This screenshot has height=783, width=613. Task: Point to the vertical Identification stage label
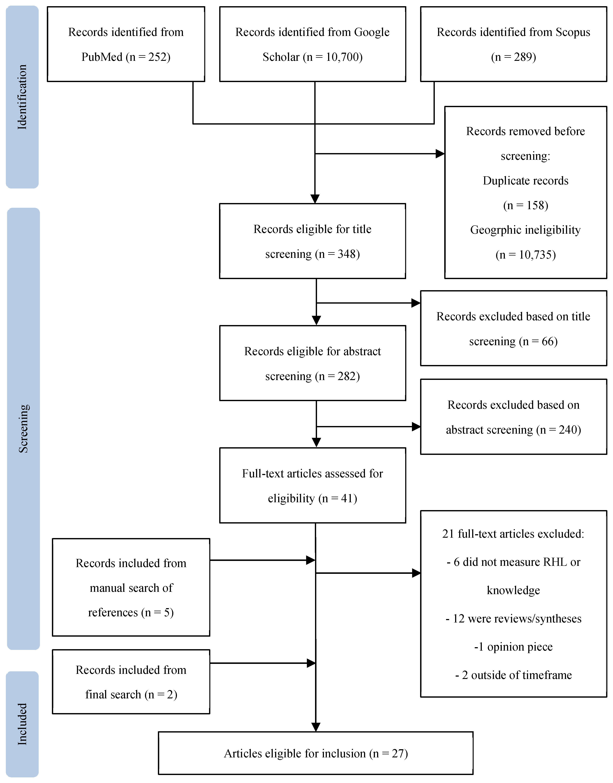click(x=22, y=97)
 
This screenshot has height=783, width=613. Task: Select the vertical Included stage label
click(x=22, y=724)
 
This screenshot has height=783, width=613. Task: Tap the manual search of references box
click(x=131, y=588)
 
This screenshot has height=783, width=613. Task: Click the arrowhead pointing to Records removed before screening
click(x=440, y=154)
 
